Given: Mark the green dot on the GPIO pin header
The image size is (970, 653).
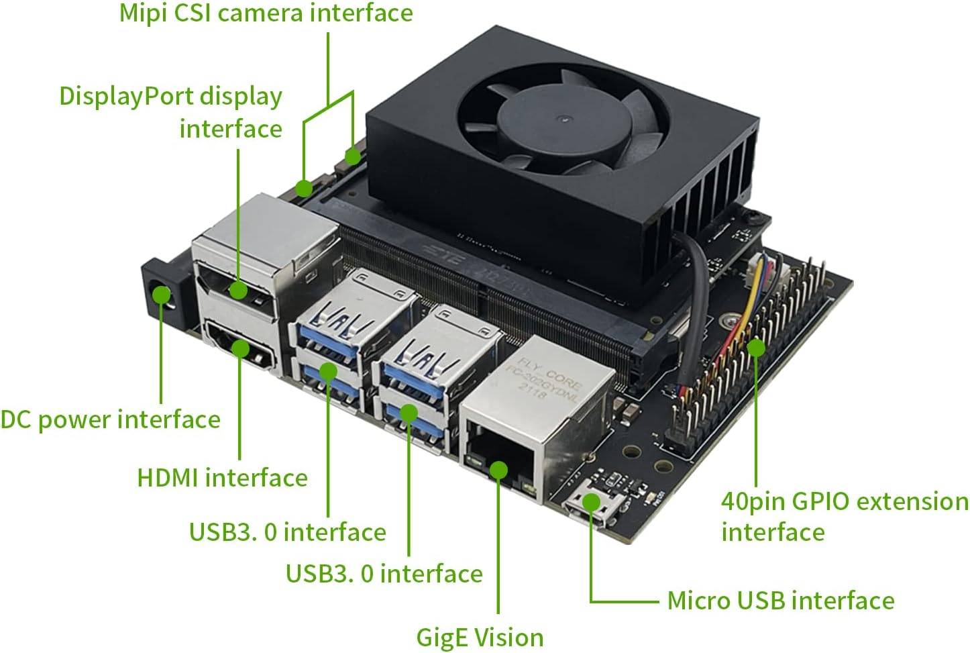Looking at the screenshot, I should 756,348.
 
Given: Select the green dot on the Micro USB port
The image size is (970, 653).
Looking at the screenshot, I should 591,501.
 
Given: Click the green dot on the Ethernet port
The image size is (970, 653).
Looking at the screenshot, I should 498,469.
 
